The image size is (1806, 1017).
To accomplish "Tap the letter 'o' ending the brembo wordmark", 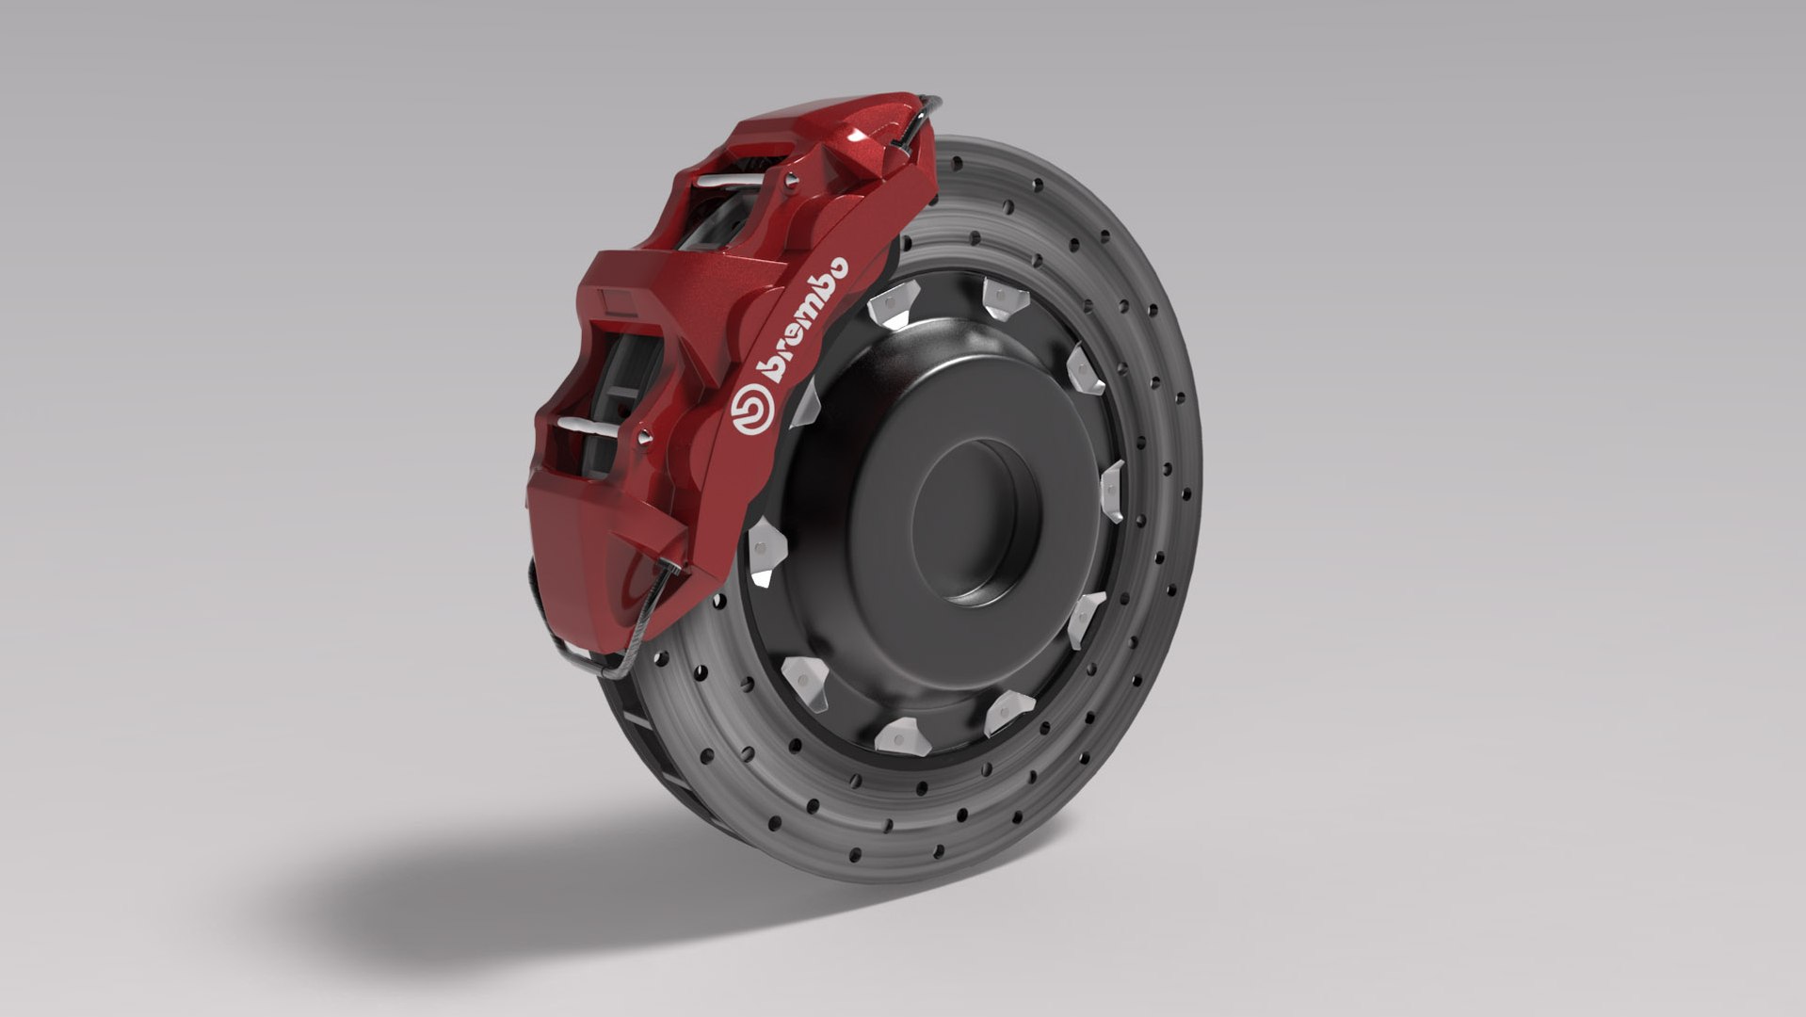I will tap(834, 267).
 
